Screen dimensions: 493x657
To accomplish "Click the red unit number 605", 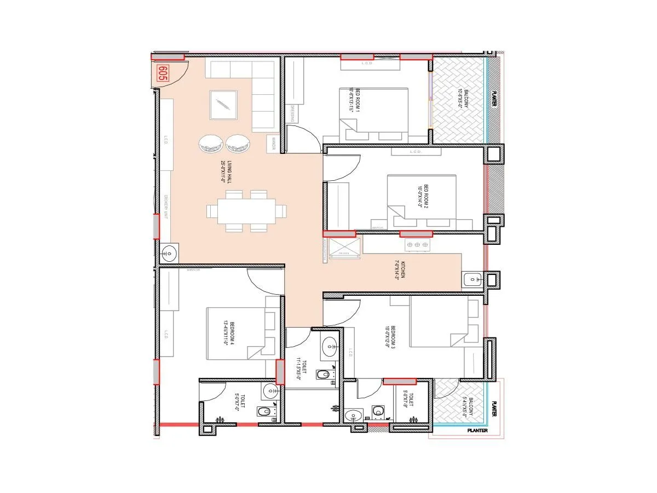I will coord(162,73).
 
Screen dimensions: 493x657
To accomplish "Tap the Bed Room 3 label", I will coord(390,341).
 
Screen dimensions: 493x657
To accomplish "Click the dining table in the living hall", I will coord(246,211).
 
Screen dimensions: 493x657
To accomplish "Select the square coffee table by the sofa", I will coord(223,105).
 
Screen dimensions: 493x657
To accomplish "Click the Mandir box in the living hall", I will coord(271,144).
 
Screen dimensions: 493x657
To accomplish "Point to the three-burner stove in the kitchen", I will coord(417,244).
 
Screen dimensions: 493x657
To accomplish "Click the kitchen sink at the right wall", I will coord(472,280).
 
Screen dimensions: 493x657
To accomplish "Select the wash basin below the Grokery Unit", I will coord(169,253).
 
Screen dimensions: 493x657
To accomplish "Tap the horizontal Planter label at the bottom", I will coord(474,431).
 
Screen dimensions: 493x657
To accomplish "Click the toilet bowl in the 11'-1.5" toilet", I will coord(324,375).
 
